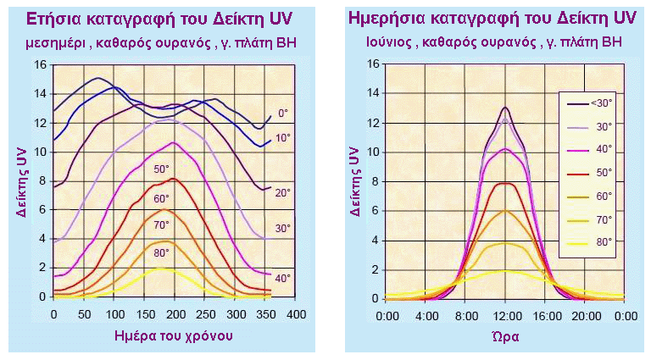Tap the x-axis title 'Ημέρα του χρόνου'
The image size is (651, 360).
click(174, 335)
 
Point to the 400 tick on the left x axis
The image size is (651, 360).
click(294, 314)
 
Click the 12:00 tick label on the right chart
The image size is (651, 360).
click(505, 315)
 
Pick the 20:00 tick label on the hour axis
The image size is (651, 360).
click(585, 315)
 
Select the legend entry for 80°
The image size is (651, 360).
click(593, 241)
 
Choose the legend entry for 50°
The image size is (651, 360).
click(593, 172)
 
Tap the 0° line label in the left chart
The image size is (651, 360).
click(284, 111)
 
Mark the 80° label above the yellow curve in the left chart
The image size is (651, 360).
click(161, 252)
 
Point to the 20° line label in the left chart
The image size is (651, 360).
click(283, 193)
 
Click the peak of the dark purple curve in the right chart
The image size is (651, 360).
click(505, 108)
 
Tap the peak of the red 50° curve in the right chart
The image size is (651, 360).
click(505, 184)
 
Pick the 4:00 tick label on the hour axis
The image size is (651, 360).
click(426, 315)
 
